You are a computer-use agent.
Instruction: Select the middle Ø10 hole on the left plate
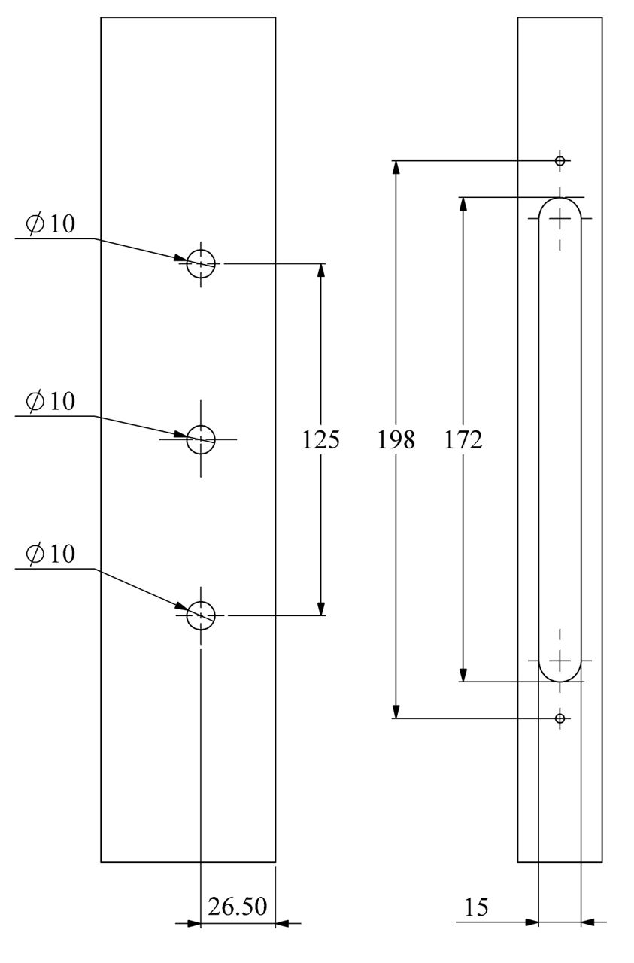point(201,439)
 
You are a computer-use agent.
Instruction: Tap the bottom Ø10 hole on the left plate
point(201,615)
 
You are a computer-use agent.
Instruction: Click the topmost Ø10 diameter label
point(50,223)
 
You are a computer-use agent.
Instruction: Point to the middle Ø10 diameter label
point(50,401)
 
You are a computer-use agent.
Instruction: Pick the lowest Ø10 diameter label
point(50,554)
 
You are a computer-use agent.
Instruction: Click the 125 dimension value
point(321,439)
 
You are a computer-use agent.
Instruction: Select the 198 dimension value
point(396,439)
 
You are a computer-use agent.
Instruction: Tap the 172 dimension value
point(463,439)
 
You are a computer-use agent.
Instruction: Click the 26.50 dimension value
point(238,906)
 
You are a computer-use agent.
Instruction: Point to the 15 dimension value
point(475,907)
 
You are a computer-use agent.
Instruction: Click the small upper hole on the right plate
point(560,160)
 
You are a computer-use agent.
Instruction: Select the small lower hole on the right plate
point(560,718)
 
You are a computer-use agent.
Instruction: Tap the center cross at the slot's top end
point(560,218)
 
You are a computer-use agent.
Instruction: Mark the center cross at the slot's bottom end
point(560,661)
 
